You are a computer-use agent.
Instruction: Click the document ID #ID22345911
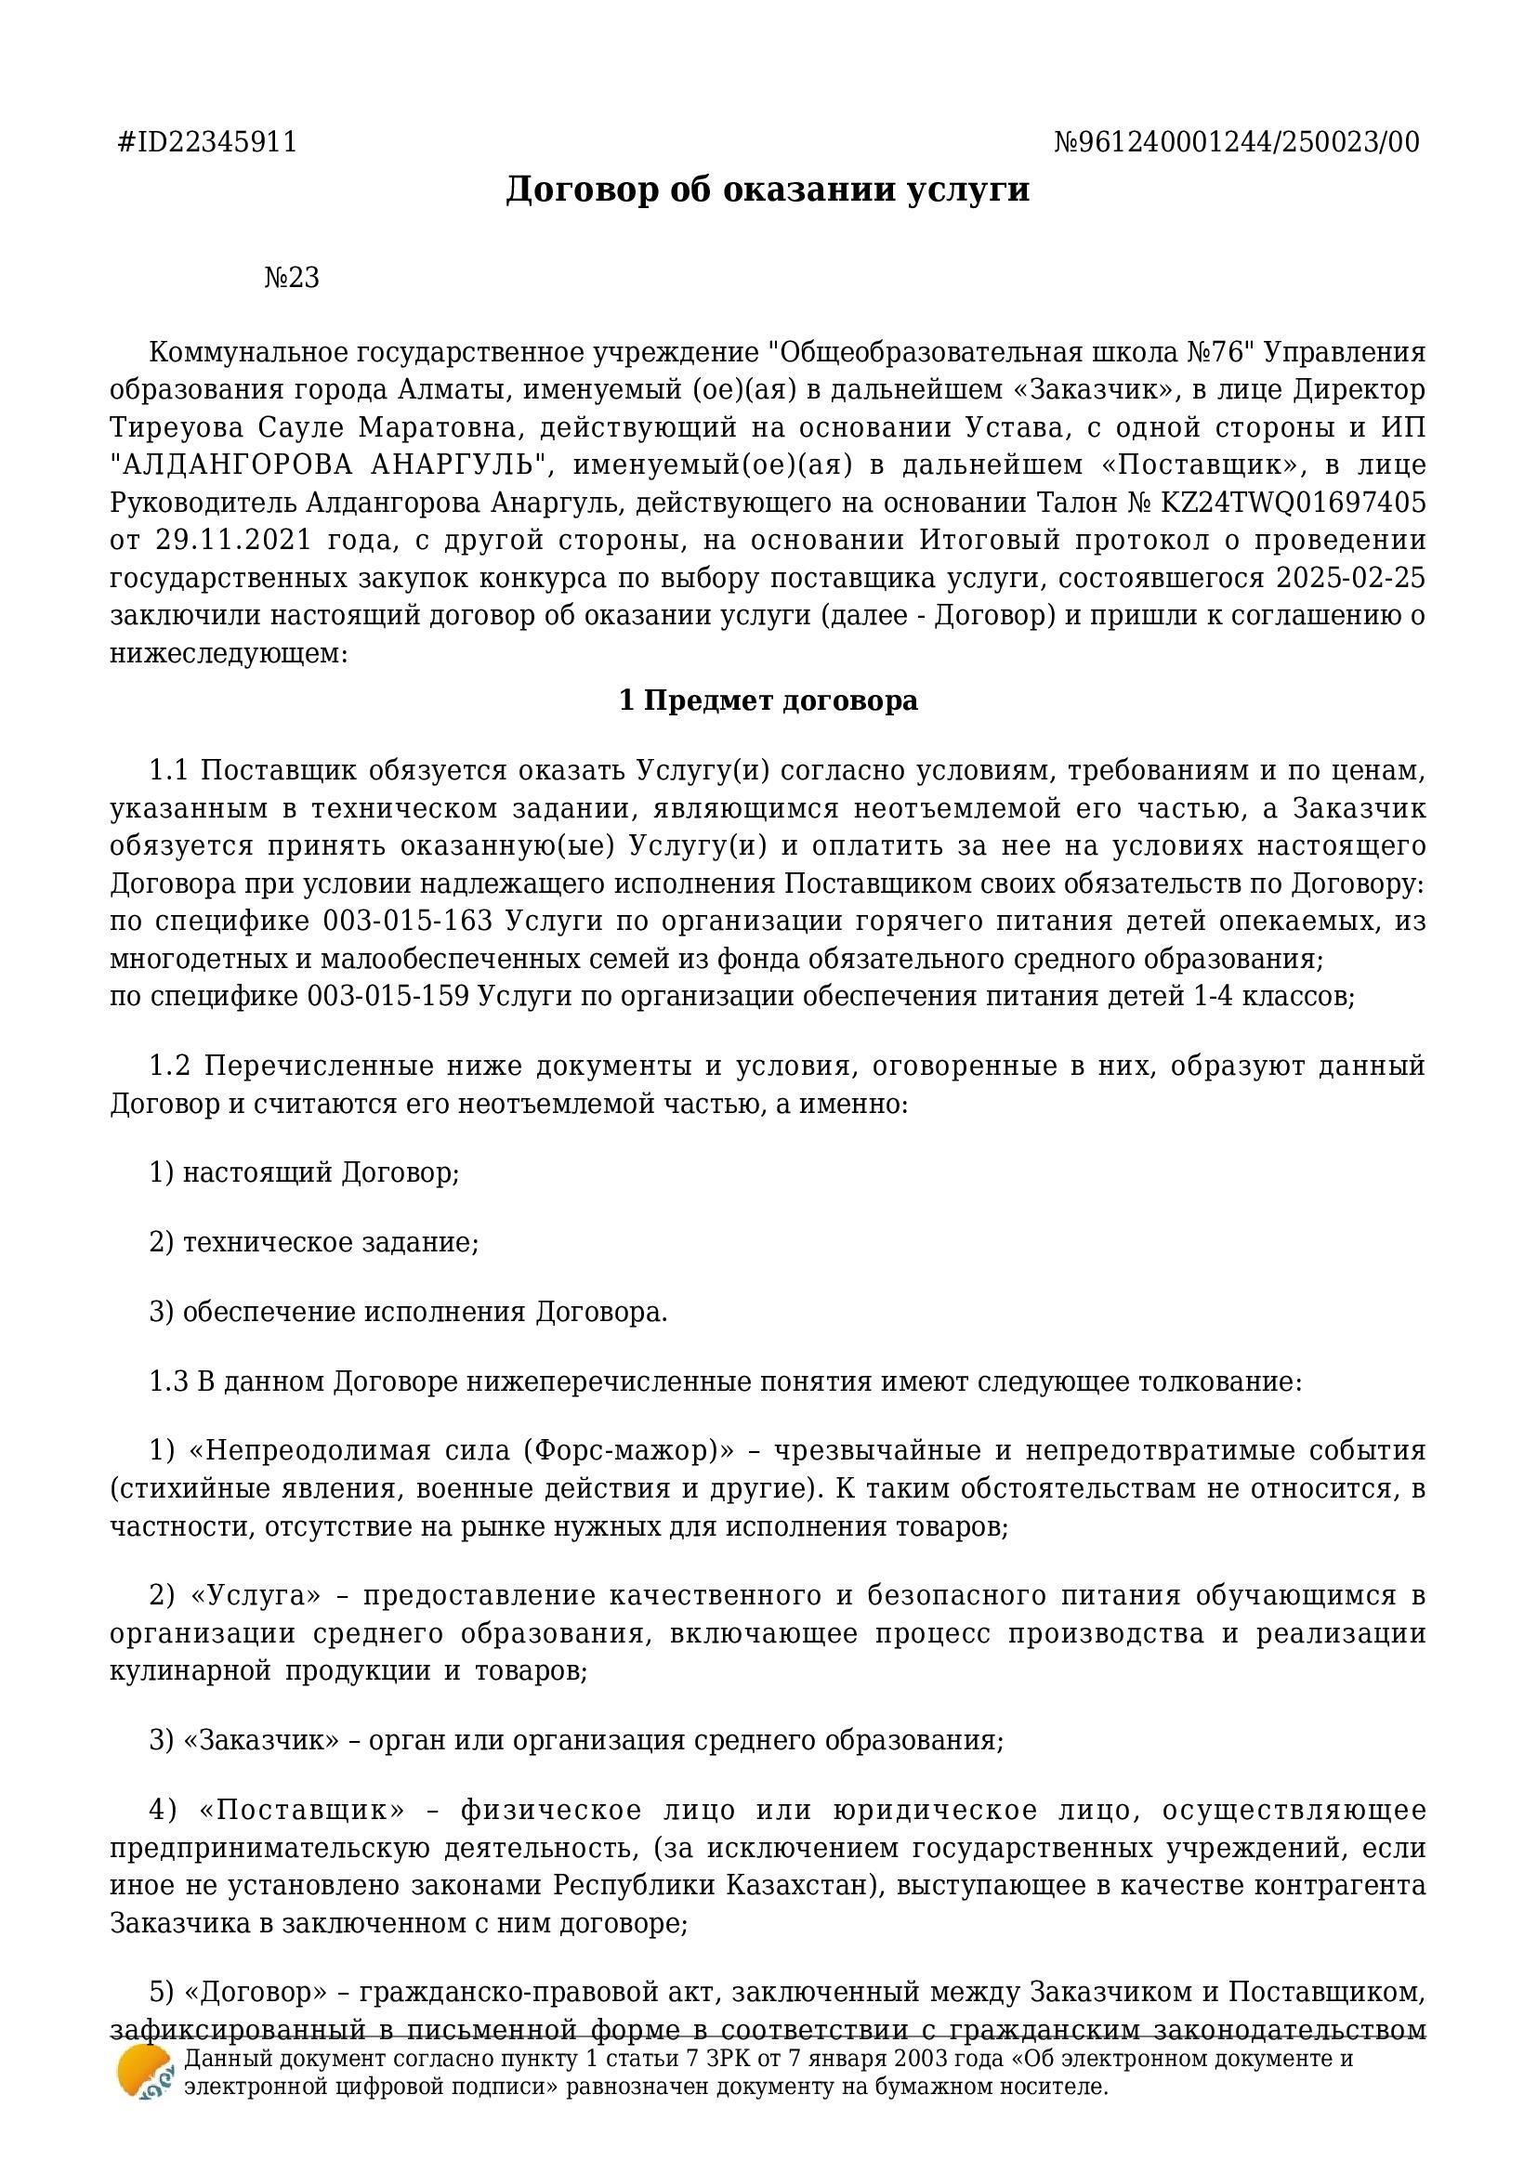point(207,142)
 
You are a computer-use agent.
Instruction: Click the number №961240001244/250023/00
point(1236,142)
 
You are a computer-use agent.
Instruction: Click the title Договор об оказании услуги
point(768,190)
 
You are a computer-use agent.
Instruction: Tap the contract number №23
point(292,279)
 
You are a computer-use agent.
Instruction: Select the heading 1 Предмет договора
point(768,701)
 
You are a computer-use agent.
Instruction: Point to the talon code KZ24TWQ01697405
point(1293,503)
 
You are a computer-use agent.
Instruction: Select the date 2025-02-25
point(1350,578)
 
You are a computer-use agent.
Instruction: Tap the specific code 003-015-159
point(389,997)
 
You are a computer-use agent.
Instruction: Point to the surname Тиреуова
point(177,427)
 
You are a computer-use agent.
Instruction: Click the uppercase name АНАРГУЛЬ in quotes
point(460,465)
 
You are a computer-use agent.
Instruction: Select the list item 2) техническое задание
point(314,1243)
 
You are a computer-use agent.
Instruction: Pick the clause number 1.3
point(168,1381)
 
